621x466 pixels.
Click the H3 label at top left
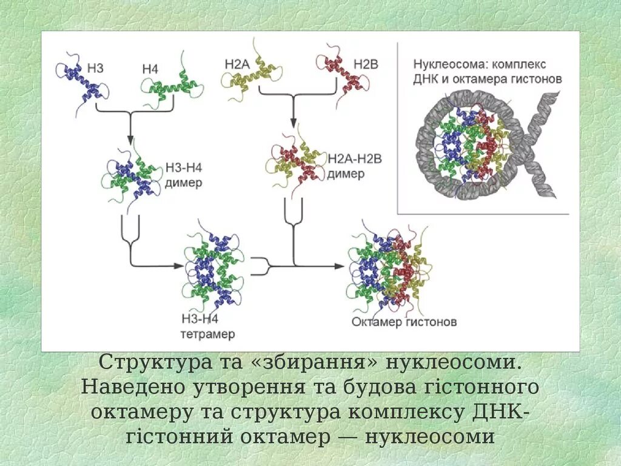(95, 69)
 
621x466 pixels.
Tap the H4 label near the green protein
(150, 70)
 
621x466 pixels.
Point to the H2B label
(366, 63)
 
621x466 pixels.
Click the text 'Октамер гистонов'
(404, 322)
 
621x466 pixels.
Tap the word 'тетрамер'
(207, 334)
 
